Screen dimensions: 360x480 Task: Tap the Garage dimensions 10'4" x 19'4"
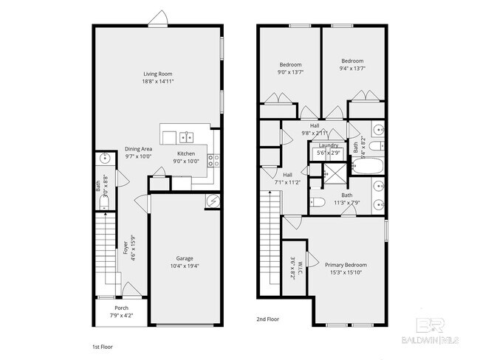[x=185, y=266]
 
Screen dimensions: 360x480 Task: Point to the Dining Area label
[x=138, y=148]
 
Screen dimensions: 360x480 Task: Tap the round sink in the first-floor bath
[x=104, y=158]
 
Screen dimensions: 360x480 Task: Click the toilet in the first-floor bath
[x=103, y=204]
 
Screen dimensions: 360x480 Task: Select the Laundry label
[x=328, y=145]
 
